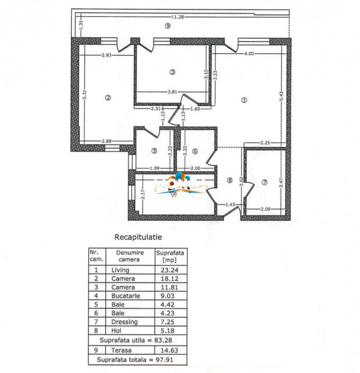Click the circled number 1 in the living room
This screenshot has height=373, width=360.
pos(244,101)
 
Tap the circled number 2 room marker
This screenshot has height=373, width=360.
pos(108,98)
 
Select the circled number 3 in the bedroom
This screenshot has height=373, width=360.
pos(172,71)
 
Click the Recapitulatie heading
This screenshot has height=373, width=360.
pos(138,237)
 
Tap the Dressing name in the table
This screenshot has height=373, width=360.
pos(124,322)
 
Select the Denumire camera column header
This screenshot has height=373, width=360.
pos(126,255)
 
